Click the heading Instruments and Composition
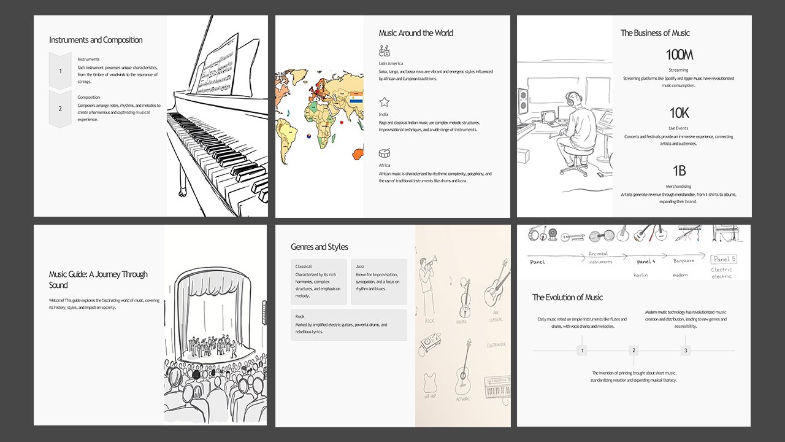click(x=96, y=40)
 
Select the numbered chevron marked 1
click(x=60, y=71)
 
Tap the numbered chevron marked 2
click(x=60, y=109)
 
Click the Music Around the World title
click(x=416, y=33)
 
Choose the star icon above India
click(x=385, y=102)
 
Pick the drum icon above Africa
click(x=385, y=153)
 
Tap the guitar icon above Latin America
click(x=385, y=51)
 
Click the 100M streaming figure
click(x=679, y=55)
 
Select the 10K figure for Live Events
click(x=679, y=113)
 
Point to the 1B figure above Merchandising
click(x=679, y=171)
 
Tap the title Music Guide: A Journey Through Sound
click(x=98, y=279)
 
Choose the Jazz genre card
click(x=379, y=282)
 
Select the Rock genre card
click(x=349, y=324)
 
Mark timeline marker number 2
click(x=634, y=351)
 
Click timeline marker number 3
click(x=686, y=351)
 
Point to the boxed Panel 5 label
click(x=724, y=259)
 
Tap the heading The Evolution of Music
click(x=567, y=297)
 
